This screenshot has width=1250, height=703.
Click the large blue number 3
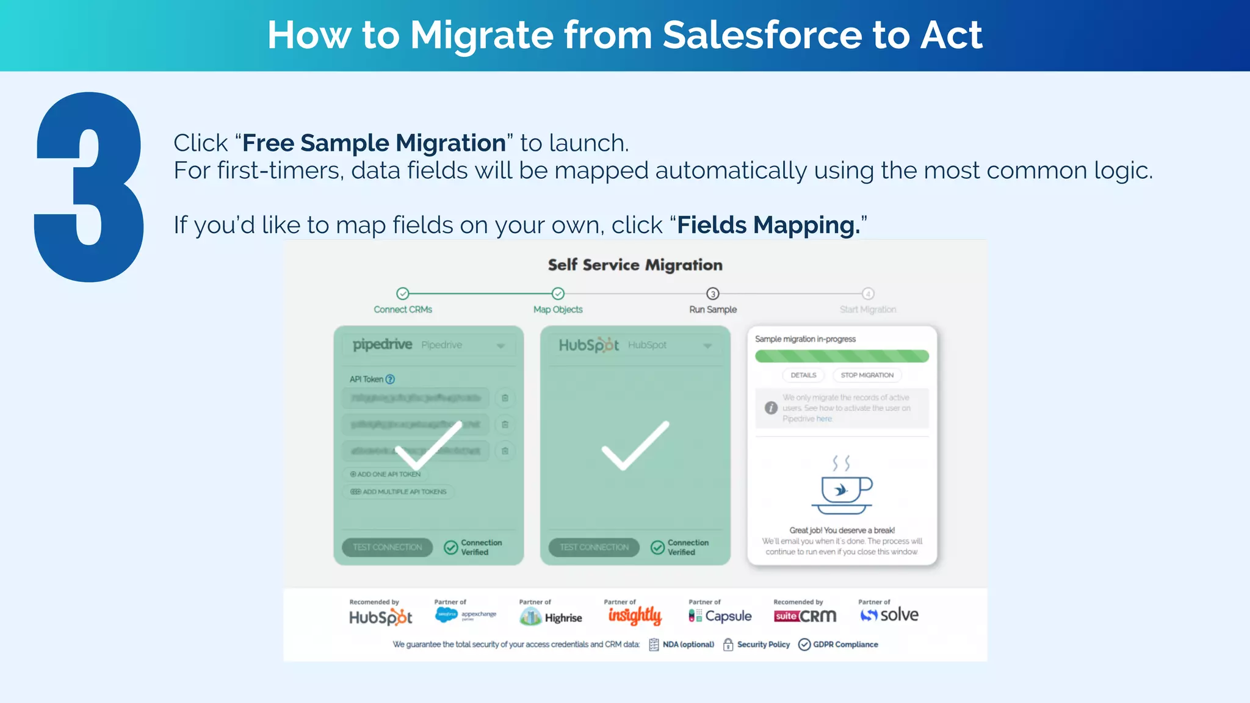click(89, 187)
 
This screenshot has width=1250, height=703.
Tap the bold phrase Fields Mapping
click(768, 225)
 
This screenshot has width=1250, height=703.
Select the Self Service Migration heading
click(635, 265)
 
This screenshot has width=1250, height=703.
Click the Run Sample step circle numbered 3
click(712, 294)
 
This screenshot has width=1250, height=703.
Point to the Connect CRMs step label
click(403, 309)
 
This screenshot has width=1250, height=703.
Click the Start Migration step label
click(867, 309)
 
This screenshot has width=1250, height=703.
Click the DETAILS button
click(803, 375)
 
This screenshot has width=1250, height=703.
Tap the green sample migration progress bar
click(842, 356)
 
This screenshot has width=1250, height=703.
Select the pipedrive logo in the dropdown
click(383, 345)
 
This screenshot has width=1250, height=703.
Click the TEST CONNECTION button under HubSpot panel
click(594, 547)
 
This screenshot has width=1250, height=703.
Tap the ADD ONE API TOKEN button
click(386, 474)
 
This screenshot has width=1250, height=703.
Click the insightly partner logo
click(635, 616)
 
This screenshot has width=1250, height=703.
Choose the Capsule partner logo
click(720, 616)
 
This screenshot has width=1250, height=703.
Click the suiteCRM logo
click(804, 616)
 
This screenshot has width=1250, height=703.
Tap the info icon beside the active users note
click(771, 408)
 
